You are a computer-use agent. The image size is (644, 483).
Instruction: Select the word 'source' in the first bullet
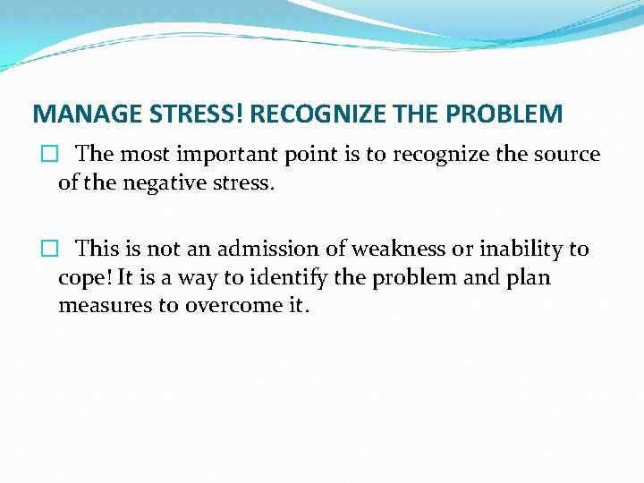(x=567, y=154)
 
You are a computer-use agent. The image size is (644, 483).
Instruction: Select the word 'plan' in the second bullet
(x=531, y=278)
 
